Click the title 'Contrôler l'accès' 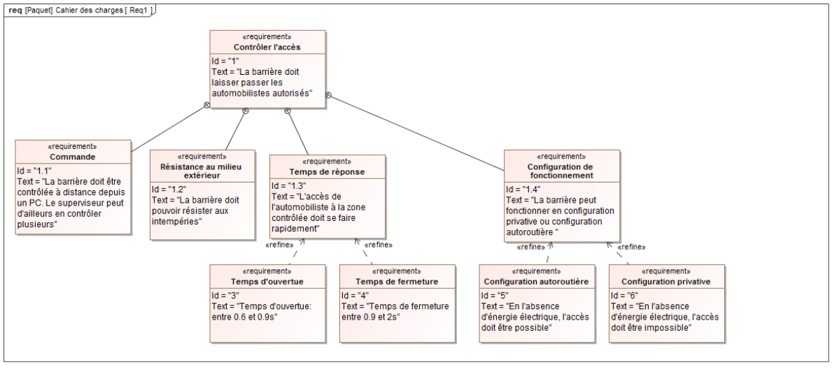point(267,47)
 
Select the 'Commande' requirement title point(73,157)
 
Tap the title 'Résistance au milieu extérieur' point(201,171)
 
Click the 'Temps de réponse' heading point(327,172)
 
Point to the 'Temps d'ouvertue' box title point(267,282)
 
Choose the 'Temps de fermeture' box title point(397,282)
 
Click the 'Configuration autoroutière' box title point(536,282)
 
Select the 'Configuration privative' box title point(665,282)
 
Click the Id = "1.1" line point(34,171)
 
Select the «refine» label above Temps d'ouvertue point(280,245)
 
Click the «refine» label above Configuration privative point(631,248)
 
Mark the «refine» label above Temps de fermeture point(379,245)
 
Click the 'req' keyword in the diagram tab point(15,10)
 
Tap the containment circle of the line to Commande point(207,106)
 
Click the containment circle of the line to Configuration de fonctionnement point(329,95)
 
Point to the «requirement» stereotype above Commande point(73,146)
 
